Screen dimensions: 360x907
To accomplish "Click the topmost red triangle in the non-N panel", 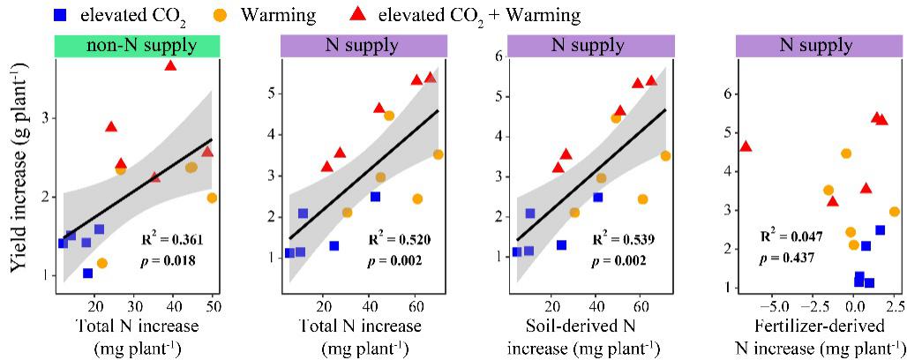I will [170, 65].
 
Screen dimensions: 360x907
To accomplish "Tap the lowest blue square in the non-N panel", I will [88, 274].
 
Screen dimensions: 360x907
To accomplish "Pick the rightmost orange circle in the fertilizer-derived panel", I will [894, 212].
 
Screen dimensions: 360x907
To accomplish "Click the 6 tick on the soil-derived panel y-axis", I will [498, 56].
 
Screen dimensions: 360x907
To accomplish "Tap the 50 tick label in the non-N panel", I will [213, 306].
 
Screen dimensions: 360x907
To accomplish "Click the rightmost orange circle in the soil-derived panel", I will [665, 155].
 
